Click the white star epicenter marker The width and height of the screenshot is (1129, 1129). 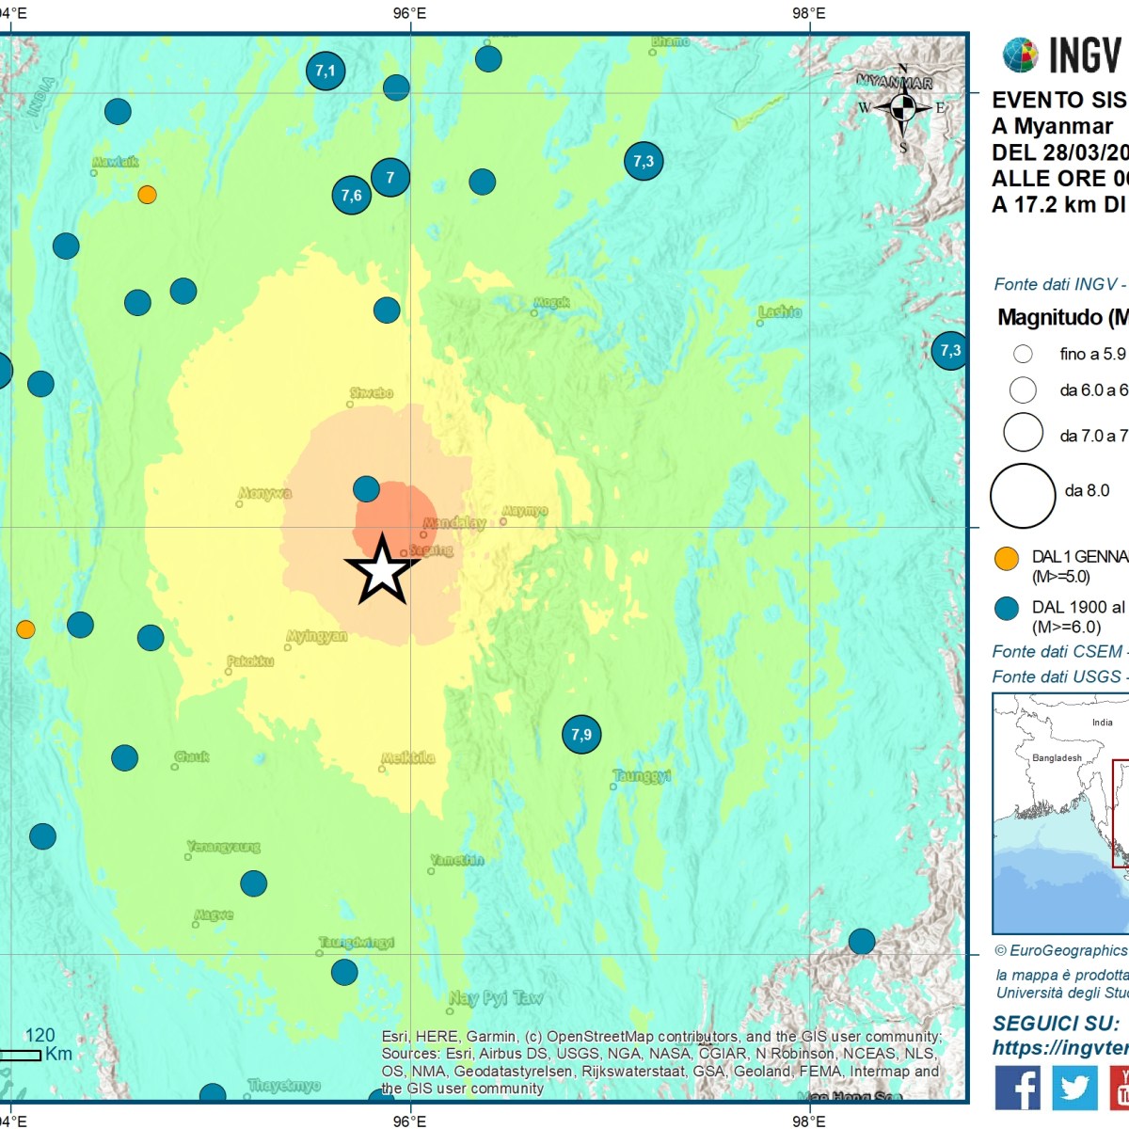point(382,570)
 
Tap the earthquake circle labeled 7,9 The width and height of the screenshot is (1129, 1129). point(581,734)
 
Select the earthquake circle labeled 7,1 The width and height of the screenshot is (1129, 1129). point(326,71)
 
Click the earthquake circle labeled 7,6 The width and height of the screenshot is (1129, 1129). point(351,196)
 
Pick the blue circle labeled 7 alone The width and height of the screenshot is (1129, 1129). point(390,177)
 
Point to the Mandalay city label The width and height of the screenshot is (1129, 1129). point(454,523)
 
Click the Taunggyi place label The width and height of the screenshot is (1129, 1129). point(642,776)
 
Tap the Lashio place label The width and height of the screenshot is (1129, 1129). point(780,311)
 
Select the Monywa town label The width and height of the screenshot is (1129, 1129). point(265,493)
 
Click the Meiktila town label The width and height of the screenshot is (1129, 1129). point(408,757)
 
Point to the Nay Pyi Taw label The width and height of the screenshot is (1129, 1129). point(496,998)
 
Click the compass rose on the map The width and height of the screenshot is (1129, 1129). point(902,107)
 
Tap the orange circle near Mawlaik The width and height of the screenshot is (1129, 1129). point(147,195)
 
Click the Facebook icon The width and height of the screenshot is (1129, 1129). point(1017,1088)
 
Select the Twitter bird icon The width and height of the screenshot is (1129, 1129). point(1074,1088)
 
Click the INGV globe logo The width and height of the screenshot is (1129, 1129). point(1020,56)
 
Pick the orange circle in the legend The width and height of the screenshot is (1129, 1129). point(1007,558)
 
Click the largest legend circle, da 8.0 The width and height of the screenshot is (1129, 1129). point(1023,496)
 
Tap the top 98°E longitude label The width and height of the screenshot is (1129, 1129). point(808,13)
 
